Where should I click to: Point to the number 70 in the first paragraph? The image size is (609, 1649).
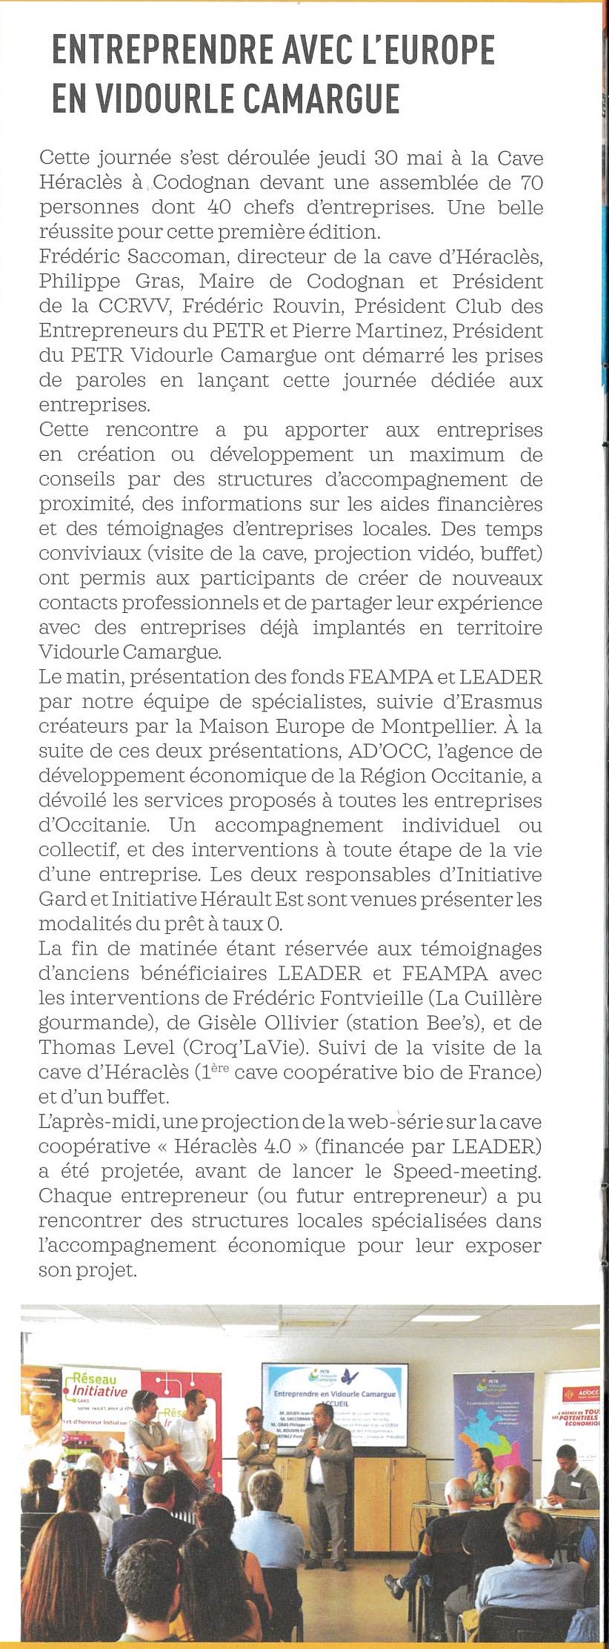[532, 182]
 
